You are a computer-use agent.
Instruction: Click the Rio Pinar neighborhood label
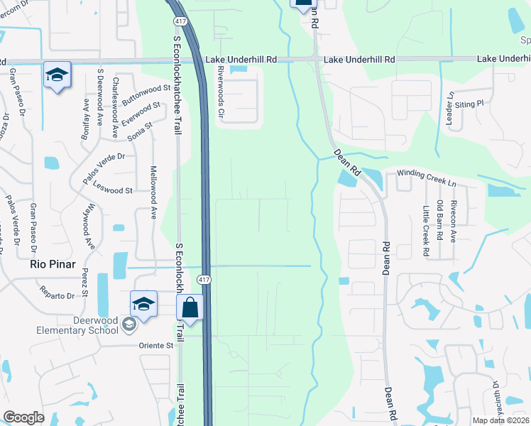[x=52, y=263]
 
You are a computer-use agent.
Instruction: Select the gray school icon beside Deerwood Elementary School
[x=128, y=325]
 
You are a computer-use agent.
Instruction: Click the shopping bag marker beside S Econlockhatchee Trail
[x=190, y=309]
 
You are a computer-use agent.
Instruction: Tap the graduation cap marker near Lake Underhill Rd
[x=57, y=74]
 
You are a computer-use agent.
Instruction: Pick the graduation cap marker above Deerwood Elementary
[x=143, y=304]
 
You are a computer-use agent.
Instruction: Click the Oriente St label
[x=155, y=345]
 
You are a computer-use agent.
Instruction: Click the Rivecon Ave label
[x=454, y=221]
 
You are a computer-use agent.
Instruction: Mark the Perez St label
[x=85, y=283]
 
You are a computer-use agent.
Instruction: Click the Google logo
[x=23, y=417]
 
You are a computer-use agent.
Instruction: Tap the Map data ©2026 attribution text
[x=500, y=420]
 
